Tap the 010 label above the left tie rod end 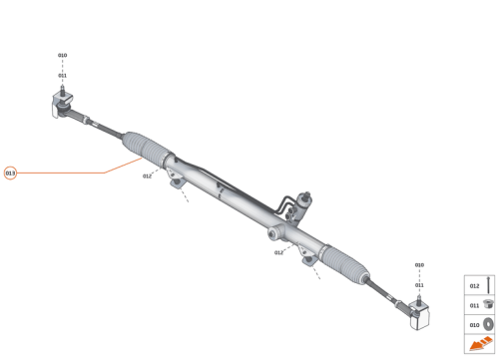62,56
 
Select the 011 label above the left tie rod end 62,76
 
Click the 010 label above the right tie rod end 419,265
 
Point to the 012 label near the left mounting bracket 147,177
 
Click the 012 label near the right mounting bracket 279,253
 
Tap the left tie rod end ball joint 60,103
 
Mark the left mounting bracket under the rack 178,180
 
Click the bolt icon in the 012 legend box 488,284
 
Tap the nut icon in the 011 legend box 488,305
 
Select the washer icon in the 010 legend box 488,324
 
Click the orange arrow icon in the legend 480,345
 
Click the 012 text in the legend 474,285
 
